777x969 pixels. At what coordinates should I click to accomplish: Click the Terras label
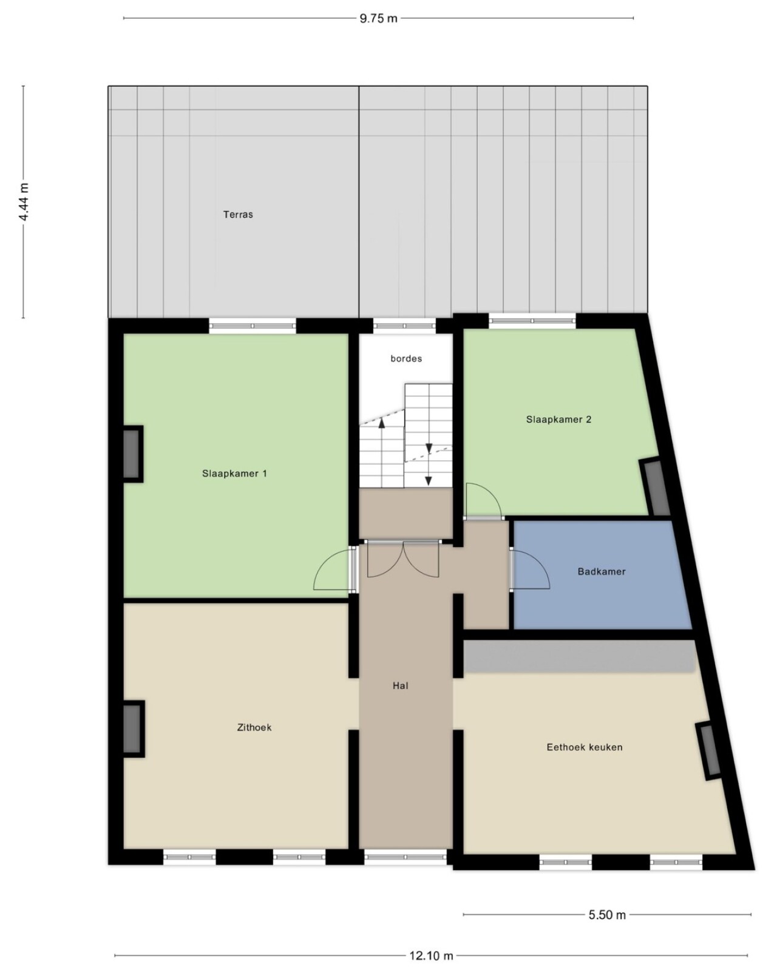[238, 214]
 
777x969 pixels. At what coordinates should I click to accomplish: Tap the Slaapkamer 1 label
[234, 473]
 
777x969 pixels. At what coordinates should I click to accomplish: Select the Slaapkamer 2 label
[558, 419]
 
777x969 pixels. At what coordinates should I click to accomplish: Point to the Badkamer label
[602, 571]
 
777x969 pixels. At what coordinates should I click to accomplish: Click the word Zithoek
[254, 727]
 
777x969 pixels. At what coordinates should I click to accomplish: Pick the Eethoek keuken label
[585, 747]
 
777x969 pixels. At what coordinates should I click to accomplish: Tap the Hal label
[400, 686]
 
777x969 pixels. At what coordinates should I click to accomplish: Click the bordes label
[406, 358]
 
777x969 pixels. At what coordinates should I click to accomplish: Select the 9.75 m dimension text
[378, 18]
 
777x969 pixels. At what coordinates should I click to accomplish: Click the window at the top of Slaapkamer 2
[532, 321]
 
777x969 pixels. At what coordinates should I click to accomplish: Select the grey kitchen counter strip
[579, 656]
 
